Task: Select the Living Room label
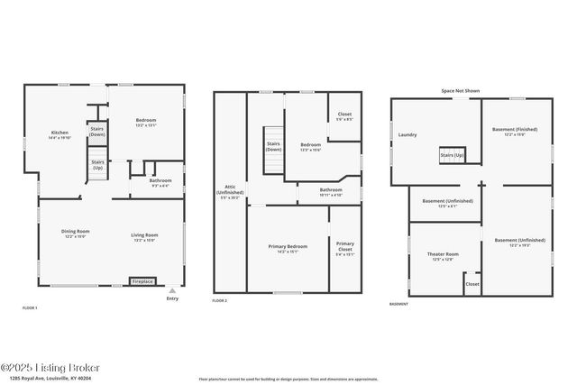(144, 237)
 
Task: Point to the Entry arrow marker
(172, 291)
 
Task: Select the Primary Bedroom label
(286, 248)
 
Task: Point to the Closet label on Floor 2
(344, 116)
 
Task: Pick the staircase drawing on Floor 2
(273, 163)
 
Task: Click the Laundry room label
(407, 135)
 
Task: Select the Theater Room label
(442, 256)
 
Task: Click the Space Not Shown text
(460, 91)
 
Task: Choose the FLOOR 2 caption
(220, 300)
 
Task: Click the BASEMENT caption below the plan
(398, 304)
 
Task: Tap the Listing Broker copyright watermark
(50, 367)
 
